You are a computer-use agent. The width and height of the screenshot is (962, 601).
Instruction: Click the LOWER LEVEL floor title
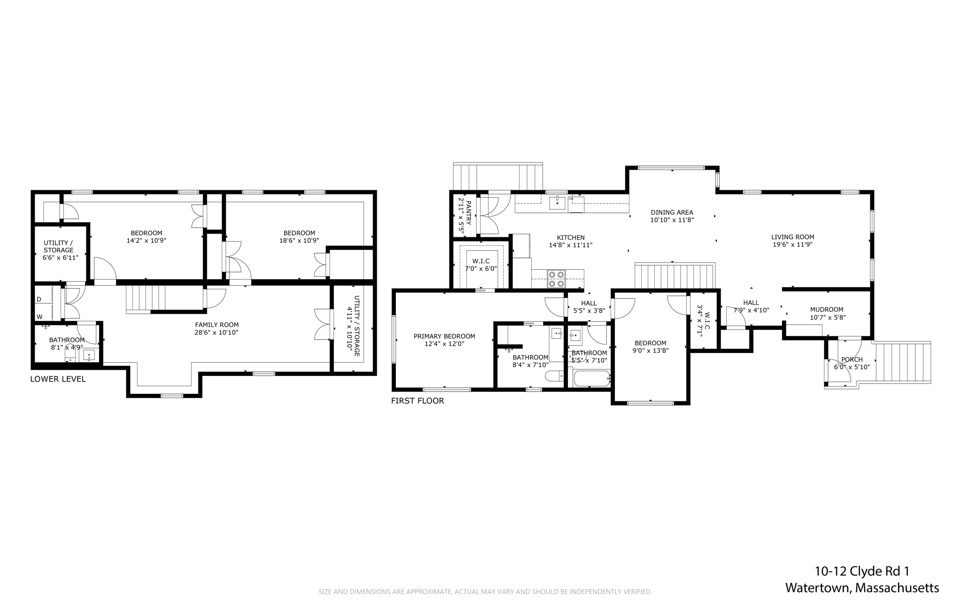tap(58, 379)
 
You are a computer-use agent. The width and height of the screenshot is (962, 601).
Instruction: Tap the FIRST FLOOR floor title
tap(417, 401)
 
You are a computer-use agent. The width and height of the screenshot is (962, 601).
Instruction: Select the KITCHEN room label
tap(570, 238)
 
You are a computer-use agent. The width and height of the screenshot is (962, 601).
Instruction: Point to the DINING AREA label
tap(672, 212)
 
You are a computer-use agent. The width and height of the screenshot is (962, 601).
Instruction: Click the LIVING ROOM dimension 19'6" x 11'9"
tap(792, 245)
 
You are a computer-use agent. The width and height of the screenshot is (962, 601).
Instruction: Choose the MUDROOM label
tap(826, 310)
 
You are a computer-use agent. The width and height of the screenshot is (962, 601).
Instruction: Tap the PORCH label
tap(852, 360)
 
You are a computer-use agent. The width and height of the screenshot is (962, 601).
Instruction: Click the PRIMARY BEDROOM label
tap(444, 336)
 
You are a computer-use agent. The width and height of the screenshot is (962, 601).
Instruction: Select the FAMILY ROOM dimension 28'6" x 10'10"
tap(217, 333)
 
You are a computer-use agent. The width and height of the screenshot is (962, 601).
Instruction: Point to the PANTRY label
tap(468, 212)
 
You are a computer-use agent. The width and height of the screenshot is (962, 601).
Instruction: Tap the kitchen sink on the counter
tap(557, 203)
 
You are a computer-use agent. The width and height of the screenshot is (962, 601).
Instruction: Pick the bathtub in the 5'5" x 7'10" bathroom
tap(591, 378)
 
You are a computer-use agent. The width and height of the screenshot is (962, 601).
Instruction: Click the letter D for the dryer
tap(39, 299)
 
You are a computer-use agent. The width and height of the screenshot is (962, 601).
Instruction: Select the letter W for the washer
tap(39, 317)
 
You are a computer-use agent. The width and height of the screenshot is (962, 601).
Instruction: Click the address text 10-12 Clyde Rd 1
tap(861, 571)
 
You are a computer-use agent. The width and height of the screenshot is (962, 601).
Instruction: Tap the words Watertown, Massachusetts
tap(862, 588)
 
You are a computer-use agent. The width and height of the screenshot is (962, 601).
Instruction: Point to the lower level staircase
tap(146, 299)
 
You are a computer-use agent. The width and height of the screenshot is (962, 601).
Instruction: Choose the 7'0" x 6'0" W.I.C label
tap(481, 265)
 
